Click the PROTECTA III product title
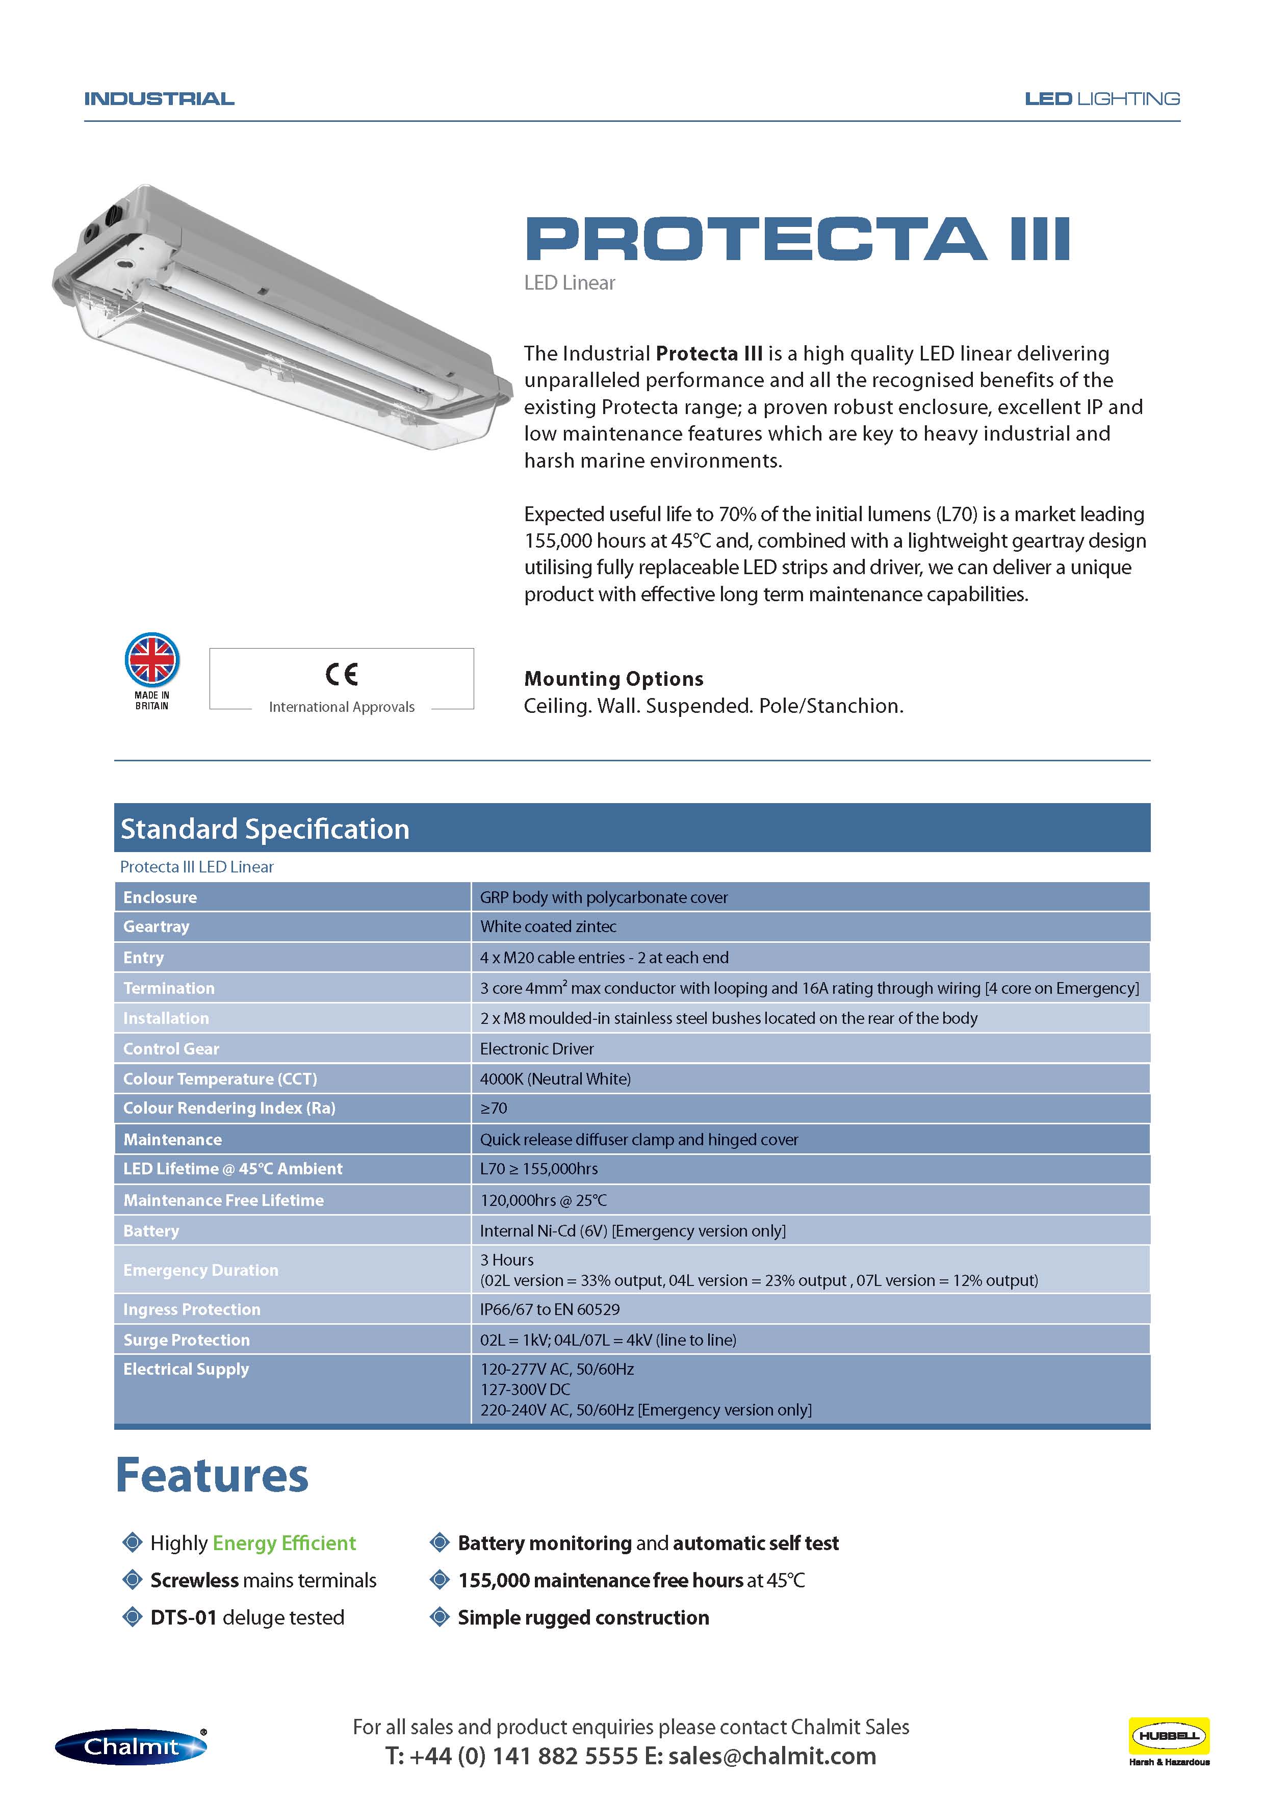click(x=797, y=239)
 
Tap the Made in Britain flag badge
click(x=152, y=660)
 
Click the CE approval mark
click(x=341, y=674)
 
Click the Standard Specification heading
click(x=265, y=829)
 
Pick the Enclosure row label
click(x=160, y=897)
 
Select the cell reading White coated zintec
click(x=548, y=927)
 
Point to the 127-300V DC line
click(x=526, y=1389)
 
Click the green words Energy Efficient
click(x=284, y=1543)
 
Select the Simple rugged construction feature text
click(x=583, y=1617)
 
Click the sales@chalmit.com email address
click(x=772, y=1756)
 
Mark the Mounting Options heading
click(x=613, y=679)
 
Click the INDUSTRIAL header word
click(x=159, y=99)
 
